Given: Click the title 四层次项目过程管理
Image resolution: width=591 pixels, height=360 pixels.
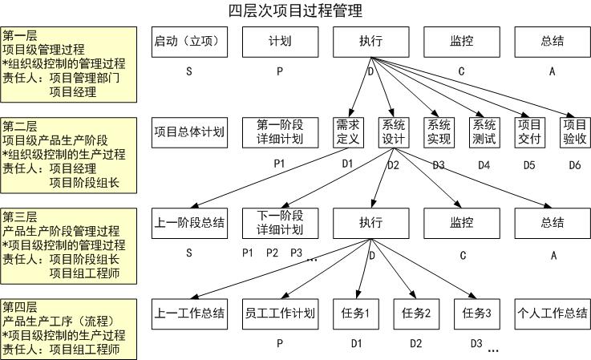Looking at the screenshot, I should (x=294, y=10).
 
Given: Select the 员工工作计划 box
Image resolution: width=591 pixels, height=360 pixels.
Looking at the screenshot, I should (x=279, y=313).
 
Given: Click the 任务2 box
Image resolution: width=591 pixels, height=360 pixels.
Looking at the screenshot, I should (x=416, y=313).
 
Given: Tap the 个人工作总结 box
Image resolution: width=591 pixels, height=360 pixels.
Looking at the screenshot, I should (x=552, y=313).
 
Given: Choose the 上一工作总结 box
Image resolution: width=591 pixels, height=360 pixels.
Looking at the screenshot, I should (x=188, y=313).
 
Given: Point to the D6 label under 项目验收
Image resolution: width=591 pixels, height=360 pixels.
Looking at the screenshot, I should (x=574, y=165).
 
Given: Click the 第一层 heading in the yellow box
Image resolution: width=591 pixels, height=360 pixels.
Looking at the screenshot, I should (x=20, y=36).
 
